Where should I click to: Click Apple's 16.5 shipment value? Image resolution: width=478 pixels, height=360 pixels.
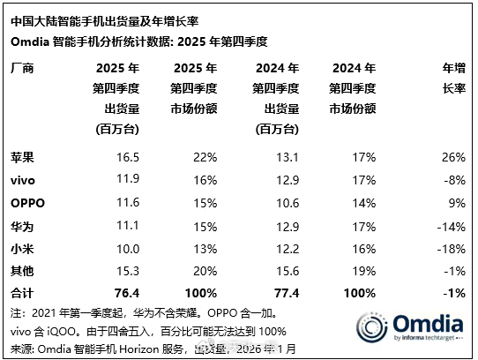click(116, 156)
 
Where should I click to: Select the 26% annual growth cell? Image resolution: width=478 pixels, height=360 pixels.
click(452, 156)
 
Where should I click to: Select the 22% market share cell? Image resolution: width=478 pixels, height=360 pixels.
click(203, 156)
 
